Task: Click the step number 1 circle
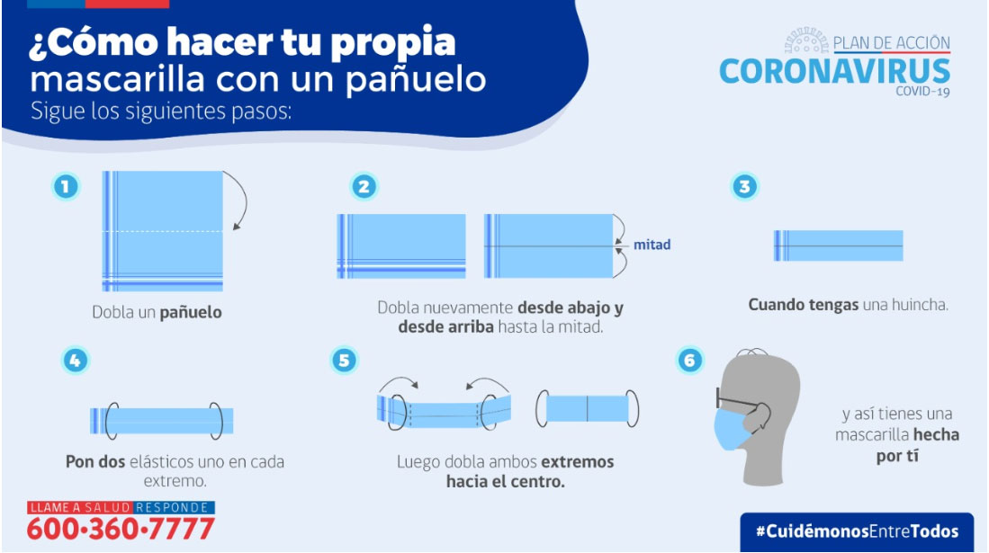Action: click(66, 187)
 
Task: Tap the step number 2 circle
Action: click(364, 187)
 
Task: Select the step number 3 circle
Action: click(743, 187)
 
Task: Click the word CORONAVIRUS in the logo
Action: click(834, 71)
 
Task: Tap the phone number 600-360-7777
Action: click(121, 528)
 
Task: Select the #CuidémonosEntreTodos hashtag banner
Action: click(857, 531)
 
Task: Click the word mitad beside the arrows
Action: click(652, 245)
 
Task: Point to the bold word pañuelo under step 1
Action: click(191, 313)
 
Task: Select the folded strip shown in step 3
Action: click(838, 245)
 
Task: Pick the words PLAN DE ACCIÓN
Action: click(891, 42)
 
